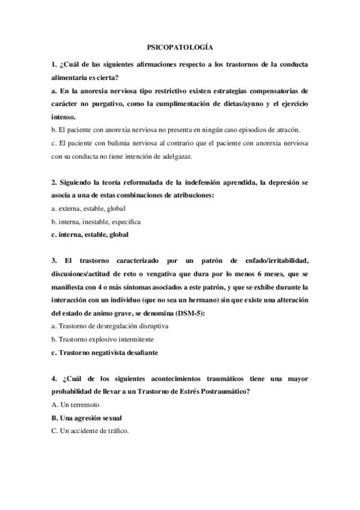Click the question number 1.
click(x=54, y=63)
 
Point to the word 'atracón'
click(x=285, y=129)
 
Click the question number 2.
click(x=54, y=182)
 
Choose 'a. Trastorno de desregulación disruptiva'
click(x=109, y=326)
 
